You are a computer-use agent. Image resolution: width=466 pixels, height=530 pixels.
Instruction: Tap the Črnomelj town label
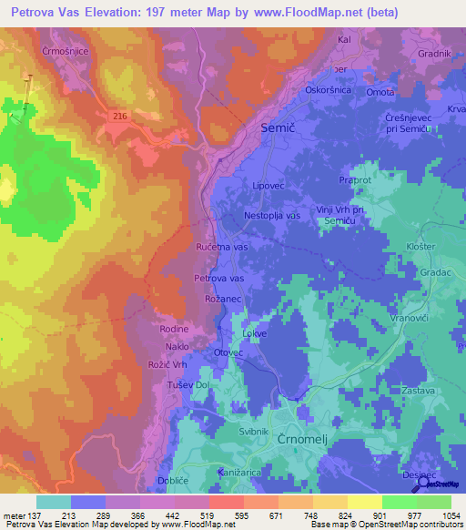300,439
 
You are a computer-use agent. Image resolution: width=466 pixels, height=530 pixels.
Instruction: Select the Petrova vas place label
218,278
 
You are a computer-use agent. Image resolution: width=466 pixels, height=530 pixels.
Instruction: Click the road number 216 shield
121,115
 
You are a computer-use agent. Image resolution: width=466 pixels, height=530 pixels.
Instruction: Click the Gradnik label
434,54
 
